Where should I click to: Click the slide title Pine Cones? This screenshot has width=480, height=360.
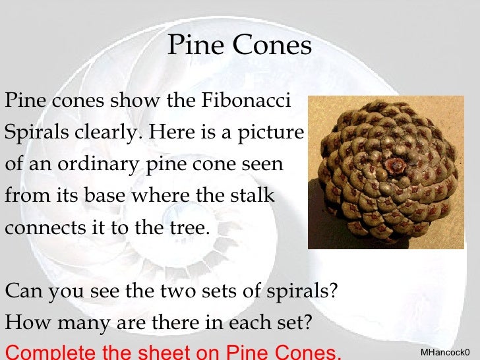point(239,46)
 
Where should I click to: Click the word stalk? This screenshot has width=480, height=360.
point(253,196)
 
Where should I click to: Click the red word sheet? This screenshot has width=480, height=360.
point(154,351)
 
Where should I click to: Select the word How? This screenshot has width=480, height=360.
point(25,323)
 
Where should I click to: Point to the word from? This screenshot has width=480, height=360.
point(24,196)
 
